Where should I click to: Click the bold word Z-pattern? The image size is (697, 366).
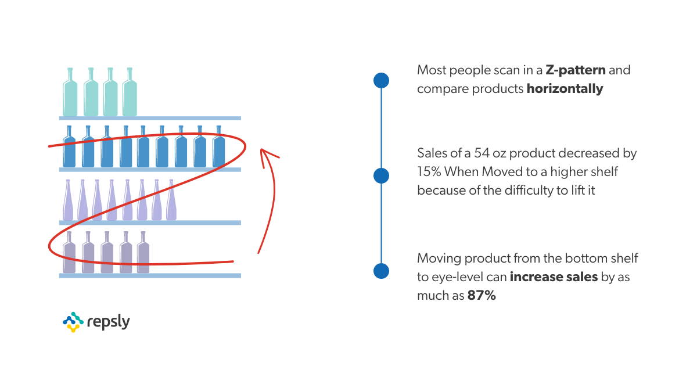coord(576,71)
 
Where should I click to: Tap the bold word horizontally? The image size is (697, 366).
coord(565,89)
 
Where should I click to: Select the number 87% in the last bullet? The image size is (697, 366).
coord(482,295)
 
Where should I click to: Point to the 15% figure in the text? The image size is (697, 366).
coord(429,172)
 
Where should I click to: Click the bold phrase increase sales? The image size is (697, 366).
coord(554,277)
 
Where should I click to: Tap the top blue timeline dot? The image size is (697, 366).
coord(381,80)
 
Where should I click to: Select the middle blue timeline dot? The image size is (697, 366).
coord(381,175)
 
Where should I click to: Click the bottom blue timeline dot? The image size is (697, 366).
coord(381,271)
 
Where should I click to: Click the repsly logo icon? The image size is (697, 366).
coord(72,321)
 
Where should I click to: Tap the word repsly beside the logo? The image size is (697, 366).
coord(108,321)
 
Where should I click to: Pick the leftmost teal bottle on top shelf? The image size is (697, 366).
coord(70,94)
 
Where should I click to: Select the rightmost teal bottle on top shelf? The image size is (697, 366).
coord(130,94)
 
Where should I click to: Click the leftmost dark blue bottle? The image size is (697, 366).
coord(70,149)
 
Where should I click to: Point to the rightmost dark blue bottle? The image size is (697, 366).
coord(219,149)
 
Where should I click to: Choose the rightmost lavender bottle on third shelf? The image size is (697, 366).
coord(171,202)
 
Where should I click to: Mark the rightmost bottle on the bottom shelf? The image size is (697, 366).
coord(143,254)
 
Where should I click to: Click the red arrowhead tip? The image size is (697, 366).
coord(263,150)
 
